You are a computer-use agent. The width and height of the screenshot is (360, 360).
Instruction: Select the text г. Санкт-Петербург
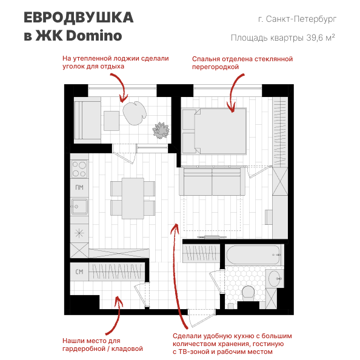click(x=296, y=19)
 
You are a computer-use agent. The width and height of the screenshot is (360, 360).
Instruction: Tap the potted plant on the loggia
click(x=161, y=130)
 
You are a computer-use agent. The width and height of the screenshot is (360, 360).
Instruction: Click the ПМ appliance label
click(x=79, y=188)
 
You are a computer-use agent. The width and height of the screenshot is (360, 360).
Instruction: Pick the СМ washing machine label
click(x=79, y=272)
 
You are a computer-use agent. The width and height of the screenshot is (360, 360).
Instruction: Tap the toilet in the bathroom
click(x=247, y=294)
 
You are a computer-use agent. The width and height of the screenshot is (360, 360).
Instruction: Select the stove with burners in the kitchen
click(x=79, y=165)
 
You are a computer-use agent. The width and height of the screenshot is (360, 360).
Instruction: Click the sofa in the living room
click(x=213, y=181)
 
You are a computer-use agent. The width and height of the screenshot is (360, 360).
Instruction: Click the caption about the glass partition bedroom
click(x=242, y=63)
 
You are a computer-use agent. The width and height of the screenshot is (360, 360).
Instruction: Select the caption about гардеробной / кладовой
click(x=102, y=344)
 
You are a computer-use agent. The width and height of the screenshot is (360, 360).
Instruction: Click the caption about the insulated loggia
click(x=115, y=62)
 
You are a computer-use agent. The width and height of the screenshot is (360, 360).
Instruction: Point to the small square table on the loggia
click(x=111, y=121)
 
